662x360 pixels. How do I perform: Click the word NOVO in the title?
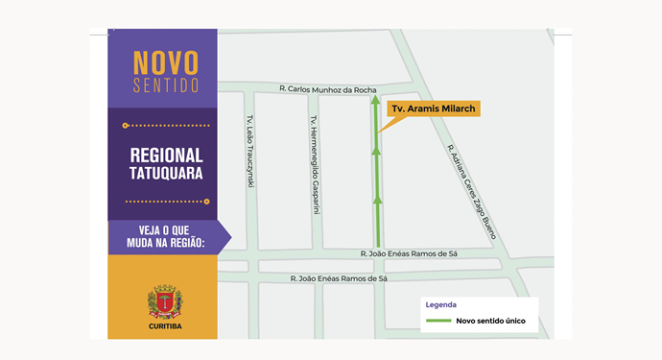pos(165,62)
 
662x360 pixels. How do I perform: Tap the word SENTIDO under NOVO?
pos(165,85)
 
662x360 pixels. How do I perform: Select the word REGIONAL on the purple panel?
pos(166,156)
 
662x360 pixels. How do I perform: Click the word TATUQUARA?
pos(166,175)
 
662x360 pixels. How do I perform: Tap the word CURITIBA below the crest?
pos(165,326)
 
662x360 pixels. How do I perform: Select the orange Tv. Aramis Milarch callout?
pos(432,109)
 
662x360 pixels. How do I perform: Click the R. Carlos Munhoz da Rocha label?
pos(327,88)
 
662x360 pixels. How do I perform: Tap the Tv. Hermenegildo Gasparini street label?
pos(313,165)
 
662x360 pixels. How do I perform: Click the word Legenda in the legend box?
pos(441,304)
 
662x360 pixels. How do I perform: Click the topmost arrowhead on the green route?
pos(378,105)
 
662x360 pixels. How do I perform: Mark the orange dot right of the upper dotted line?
pos(207,126)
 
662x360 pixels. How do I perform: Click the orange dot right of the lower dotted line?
pos(207,202)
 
